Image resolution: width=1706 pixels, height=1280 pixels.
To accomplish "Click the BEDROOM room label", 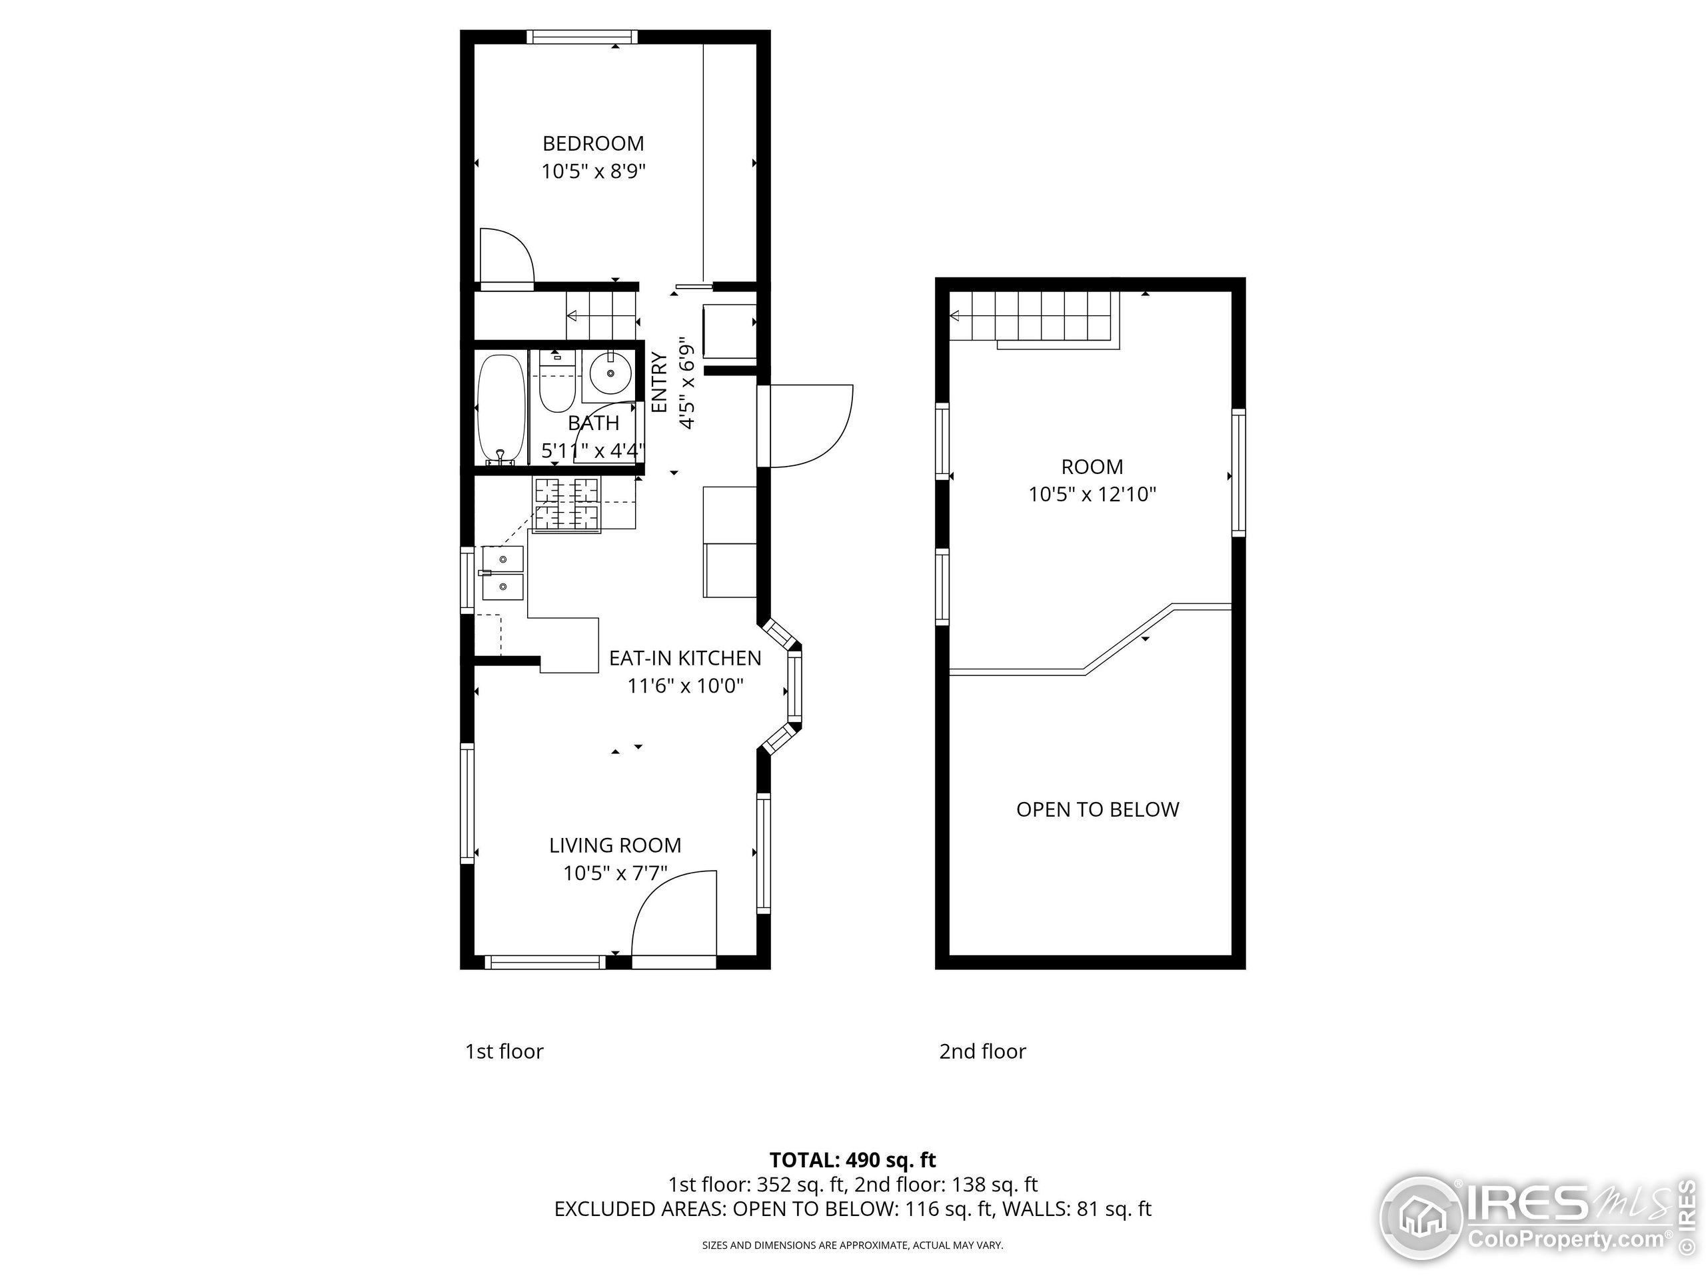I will pyautogui.click(x=592, y=143).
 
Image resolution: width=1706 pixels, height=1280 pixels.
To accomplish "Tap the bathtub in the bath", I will pyautogui.click(x=501, y=409).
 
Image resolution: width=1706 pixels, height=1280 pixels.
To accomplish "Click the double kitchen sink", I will pyautogui.click(x=502, y=573).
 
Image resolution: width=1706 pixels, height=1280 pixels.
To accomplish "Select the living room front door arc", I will pyautogui.click(x=672, y=914).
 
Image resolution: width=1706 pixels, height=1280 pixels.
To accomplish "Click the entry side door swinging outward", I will pyautogui.click(x=810, y=426).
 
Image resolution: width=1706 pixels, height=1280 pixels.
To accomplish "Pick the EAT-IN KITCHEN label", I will pyautogui.click(x=685, y=658).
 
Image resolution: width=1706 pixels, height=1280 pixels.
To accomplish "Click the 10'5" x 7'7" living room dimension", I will pyautogui.click(x=614, y=873).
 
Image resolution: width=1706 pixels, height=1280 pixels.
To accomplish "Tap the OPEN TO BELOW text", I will pyautogui.click(x=1097, y=809).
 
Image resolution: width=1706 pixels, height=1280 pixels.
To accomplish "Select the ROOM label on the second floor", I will pyautogui.click(x=1092, y=467).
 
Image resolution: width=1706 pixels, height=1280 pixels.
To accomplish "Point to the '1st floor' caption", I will pyautogui.click(x=504, y=1051).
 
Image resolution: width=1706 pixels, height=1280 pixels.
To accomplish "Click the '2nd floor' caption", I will pyautogui.click(x=982, y=1051).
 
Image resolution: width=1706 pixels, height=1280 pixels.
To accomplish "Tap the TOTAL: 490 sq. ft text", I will pyautogui.click(x=852, y=1159).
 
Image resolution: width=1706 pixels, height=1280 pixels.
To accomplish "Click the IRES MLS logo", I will pyautogui.click(x=1535, y=1221).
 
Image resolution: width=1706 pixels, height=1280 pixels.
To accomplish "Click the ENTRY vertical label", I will pyautogui.click(x=658, y=382).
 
